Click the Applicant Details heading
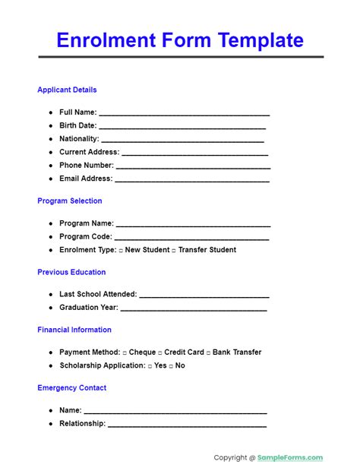(67, 90)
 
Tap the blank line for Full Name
(184, 113)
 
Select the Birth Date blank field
(184, 127)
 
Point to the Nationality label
(79, 139)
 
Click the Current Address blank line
(191, 153)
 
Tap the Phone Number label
(87, 166)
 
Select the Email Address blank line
(192, 180)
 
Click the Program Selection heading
(69, 201)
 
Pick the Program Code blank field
(192, 238)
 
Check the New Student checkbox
(121, 250)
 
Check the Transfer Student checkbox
(174, 250)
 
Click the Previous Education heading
(71, 272)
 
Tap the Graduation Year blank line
(194, 309)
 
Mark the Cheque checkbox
(125, 352)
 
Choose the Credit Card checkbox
(160, 352)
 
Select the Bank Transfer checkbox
(208, 352)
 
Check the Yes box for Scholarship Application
(150, 366)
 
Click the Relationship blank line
(187, 425)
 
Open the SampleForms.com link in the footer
(290, 457)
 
